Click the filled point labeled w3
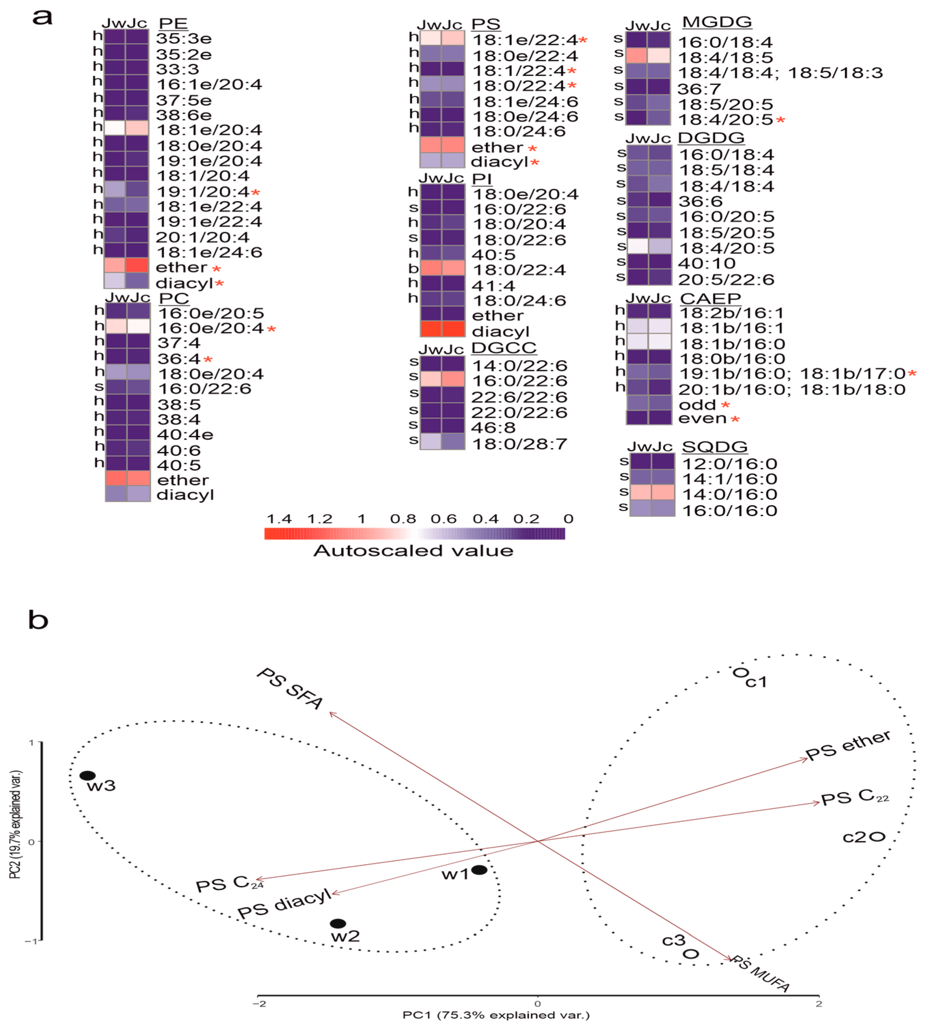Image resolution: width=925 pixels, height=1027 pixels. (87, 776)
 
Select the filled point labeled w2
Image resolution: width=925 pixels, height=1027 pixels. (338, 923)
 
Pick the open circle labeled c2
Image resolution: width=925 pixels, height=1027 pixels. (878, 837)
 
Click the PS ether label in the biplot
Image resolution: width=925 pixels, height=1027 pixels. (848, 746)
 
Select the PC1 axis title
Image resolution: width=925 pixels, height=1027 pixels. (496, 1015)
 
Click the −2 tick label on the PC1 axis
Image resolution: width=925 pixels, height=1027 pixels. (260, 1004)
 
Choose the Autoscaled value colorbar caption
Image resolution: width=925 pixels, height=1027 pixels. (413, 551)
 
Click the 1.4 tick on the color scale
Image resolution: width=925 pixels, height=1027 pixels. (279, 519)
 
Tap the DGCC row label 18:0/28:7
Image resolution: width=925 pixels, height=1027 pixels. (519, 444)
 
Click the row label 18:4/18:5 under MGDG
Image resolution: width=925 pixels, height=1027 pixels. (725, 57)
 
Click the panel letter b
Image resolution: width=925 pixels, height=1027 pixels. (38, 620)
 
